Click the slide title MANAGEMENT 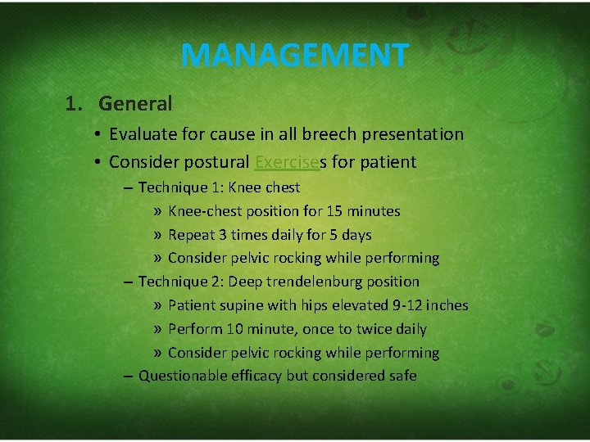[x=294, y=56]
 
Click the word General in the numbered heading [x=135, y=104]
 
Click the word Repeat [x=191, y=235]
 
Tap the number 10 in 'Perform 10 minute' [x=236, y=329]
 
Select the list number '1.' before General [x=75, y=104]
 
